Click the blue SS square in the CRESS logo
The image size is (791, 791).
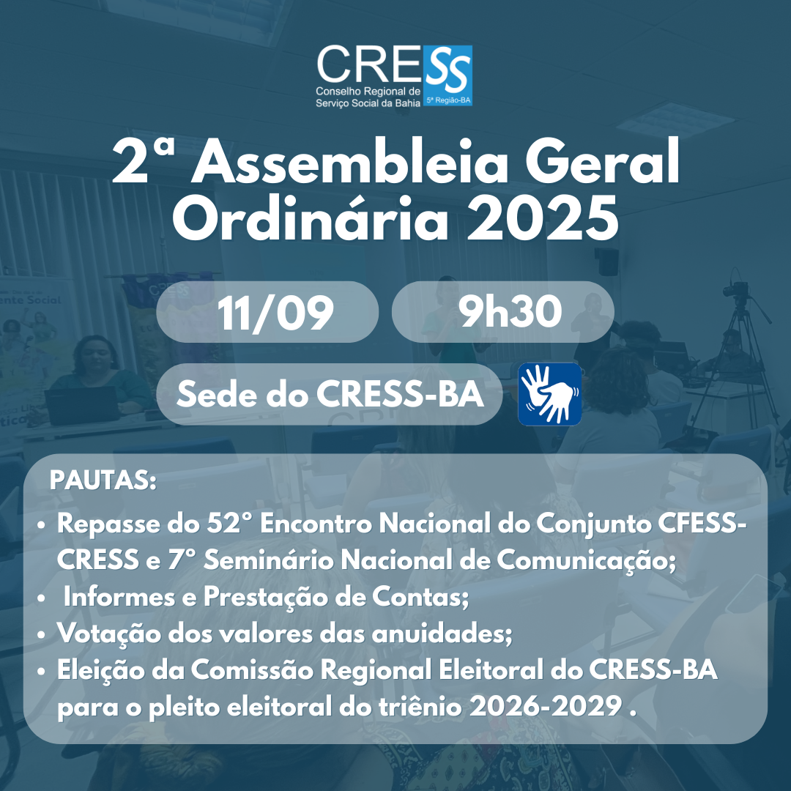click(x=448, y=75)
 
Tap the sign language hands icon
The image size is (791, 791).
click(x=550, y=394)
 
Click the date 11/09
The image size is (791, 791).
click(x=275, y=313)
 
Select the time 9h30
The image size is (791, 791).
click(x=510, y=311)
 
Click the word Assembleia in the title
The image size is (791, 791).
click(x=349, y=161)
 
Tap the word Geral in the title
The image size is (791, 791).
click(x=603, y=160)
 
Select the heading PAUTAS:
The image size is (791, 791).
click(x=103, y=480)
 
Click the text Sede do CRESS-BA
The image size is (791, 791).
click(x=330, y=394)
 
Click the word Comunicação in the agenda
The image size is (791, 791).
click(x=586, y=560)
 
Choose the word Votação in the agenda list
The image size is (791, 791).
click(x=109, y=633)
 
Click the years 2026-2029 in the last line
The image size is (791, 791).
click(x=546, y=707)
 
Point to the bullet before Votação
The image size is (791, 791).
click(x=41, y=634)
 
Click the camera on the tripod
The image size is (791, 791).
click(x=736, y=290)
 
